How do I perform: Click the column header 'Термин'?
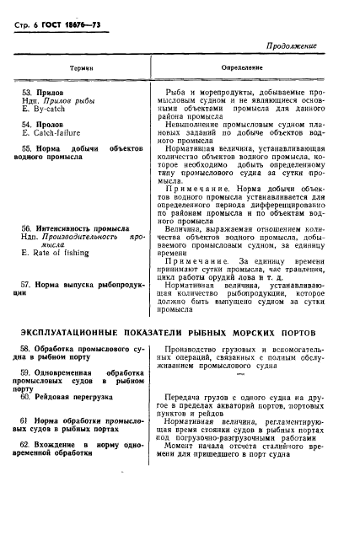(82, 72)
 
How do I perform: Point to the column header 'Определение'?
(243, 72)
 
